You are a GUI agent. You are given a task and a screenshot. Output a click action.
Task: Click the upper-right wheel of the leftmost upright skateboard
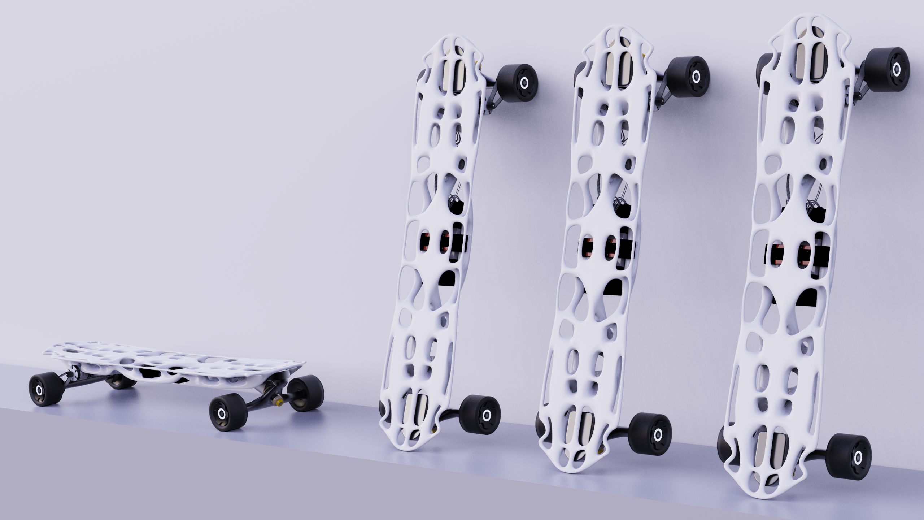517,82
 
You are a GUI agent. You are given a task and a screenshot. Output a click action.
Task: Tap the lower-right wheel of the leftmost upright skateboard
480,414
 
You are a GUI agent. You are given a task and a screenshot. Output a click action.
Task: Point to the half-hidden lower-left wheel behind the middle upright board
540,430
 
